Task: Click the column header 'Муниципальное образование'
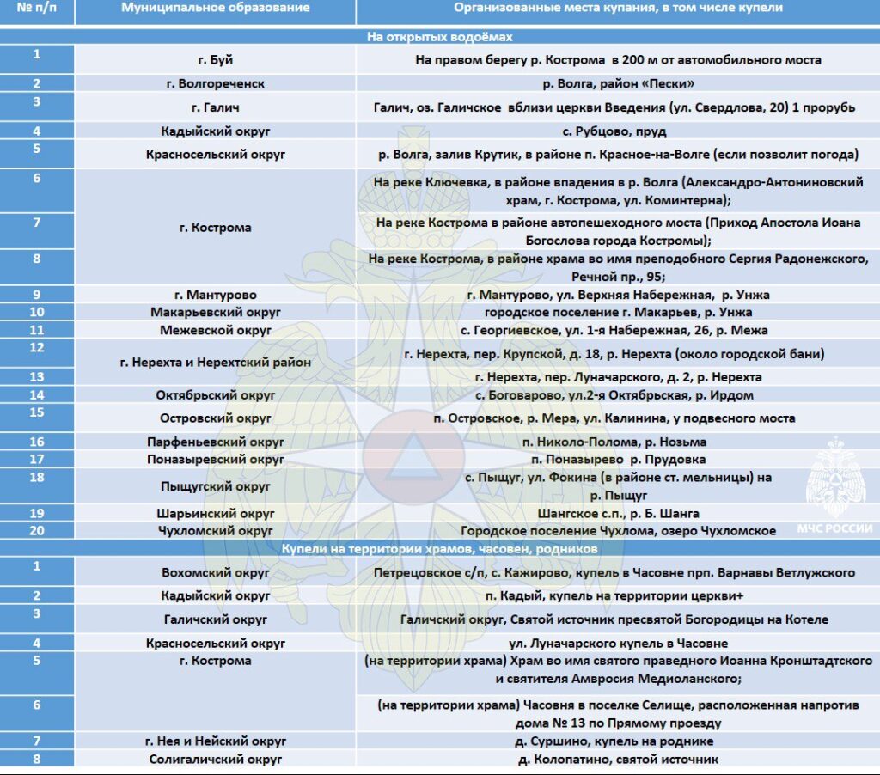[x=215, y=8]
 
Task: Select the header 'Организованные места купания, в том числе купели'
[x=618, y=8]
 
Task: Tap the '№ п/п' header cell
[x=36, y=8]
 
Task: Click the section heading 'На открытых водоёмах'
[x=440, y=37]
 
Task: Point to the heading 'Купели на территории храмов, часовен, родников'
[x=440, y=548]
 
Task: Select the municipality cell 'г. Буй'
[x=215, y=59]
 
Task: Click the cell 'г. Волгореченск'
[x=215, y=83]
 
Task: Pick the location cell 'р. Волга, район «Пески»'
[x=618, y=83]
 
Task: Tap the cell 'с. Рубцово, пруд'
[x=618, y=131]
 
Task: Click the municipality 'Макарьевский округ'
[x=215, y=312]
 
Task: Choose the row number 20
[x=36, y=530]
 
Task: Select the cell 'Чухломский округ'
[x=215, y=531]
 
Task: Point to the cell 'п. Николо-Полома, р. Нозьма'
[x=618, y=442]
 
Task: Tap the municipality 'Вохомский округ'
[x=215, y=572]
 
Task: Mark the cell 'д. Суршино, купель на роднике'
[x=618, y=741]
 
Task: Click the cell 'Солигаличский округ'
[x=215, y=759]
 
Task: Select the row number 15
[x=36, y=413]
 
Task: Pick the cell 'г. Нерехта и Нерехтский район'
[x=215, y=363]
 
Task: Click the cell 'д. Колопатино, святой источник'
[x=618, y=759]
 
